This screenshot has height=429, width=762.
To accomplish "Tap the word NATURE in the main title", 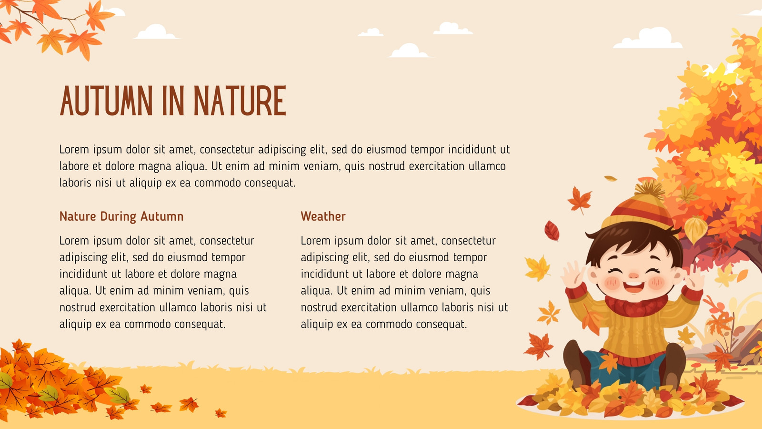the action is (x=240, y=101).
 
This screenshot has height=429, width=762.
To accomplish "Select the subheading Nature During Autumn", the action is (x=121, y=216).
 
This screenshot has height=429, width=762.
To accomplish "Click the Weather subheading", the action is (x=323, y=216).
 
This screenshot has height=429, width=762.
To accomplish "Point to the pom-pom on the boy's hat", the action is (x=649, y=189).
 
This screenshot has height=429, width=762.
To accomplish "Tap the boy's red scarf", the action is (x=636, y=305).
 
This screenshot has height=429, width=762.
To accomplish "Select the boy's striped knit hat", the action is (x=638, y=208).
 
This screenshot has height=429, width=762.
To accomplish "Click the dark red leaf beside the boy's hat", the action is (x=552, y=231).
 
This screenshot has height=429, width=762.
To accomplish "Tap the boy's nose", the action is (x=633, y=275).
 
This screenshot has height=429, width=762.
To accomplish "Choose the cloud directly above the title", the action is (x=156, y=32).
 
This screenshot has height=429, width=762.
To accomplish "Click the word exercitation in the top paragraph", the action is (x=437, y=166).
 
